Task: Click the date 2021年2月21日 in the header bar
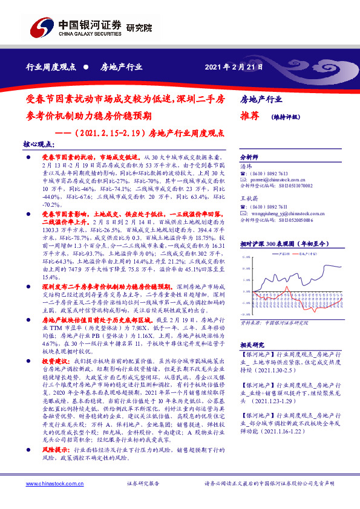[234, 67]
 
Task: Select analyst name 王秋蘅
[249, 198]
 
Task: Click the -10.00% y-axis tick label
[247, 314]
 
